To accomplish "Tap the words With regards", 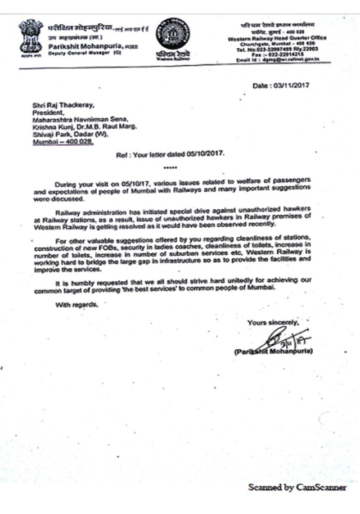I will tap(76, 305).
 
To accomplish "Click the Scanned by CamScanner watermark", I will tap(298, 488).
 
